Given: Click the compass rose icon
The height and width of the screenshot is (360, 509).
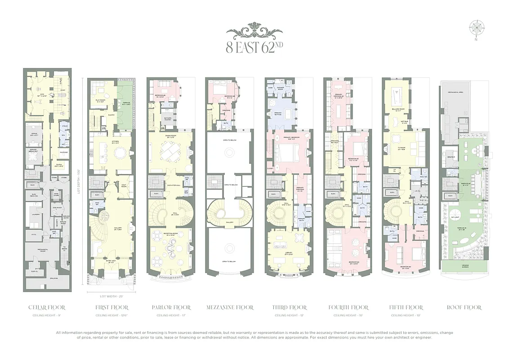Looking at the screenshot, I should click(x=475, y=28).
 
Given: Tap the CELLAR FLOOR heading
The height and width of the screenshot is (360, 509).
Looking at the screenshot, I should click(x=47, y=308).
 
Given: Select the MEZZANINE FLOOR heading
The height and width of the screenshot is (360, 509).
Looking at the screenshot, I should click(x=230, y=308).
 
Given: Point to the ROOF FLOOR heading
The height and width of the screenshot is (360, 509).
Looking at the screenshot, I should click(x=464, y=308).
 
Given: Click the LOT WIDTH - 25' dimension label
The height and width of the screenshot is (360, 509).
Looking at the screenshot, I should click(x=111, y=297).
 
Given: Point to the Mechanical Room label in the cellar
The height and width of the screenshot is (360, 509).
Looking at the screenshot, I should click(x=43, y=249).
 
